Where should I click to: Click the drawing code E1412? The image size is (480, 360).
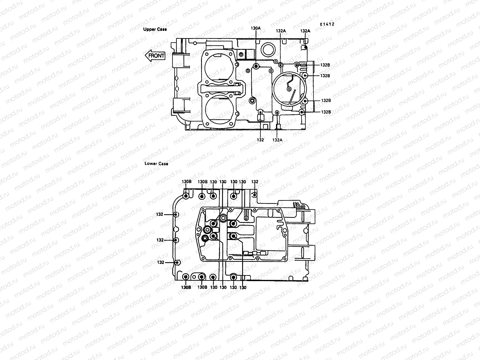tap(327, 25)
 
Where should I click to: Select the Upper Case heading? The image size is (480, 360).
tap(155, 29)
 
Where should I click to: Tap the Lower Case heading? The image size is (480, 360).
tap(156, 163)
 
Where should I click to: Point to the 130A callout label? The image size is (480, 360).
tap(256, 28)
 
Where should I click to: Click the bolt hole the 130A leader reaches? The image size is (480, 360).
tap(256, 66)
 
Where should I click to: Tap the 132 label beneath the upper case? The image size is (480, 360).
tap(260, 140)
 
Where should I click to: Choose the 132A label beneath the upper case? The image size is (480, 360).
tap(277, 140)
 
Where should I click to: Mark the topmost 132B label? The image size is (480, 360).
tap(325, 65)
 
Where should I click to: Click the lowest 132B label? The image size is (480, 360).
tap(326, 112)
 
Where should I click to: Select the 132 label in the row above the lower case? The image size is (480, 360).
tap(255, 182)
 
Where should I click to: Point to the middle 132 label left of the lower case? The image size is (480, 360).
tap(160, 240)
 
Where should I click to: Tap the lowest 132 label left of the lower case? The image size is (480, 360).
tap(160, 262)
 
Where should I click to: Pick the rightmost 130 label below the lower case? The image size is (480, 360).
tap(243, 287)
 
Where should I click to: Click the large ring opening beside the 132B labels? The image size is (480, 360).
tap(288, 89)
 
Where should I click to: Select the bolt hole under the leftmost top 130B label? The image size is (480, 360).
tap(186, 196)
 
